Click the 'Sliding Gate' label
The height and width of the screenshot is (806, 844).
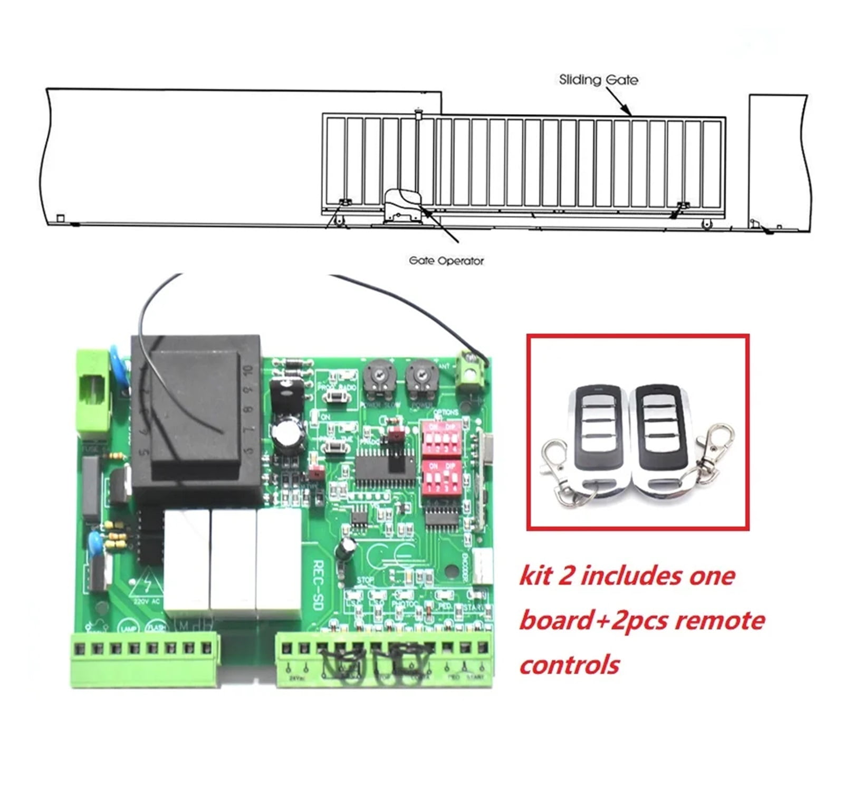click(598, 80)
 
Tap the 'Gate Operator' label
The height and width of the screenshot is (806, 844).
click(446, 261)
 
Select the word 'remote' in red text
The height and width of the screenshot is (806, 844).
click(720, 620)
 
